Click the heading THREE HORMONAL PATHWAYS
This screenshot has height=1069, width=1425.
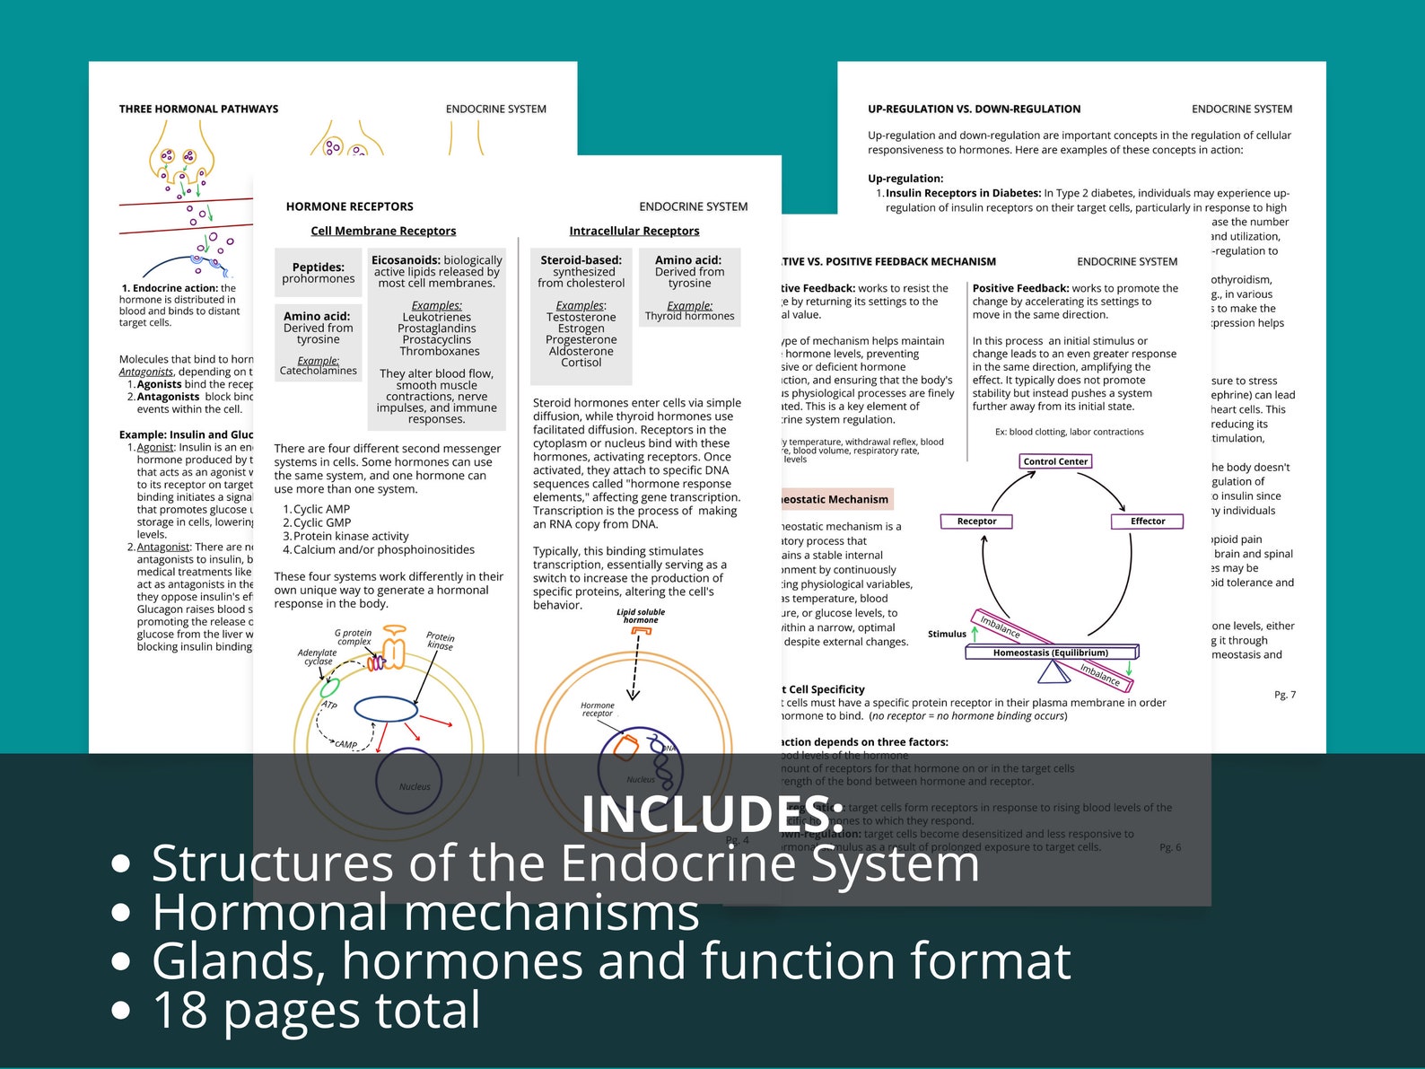[x=198, y=109]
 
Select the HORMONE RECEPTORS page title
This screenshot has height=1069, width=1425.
[x=349, y=206]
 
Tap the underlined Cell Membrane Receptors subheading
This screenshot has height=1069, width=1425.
[x=383, y=231]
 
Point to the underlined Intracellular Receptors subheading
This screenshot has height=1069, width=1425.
[x=634, y=231]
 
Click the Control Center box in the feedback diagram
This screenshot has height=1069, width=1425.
[x=1055, y=461]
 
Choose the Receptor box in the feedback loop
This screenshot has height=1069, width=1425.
[x=976, y=521]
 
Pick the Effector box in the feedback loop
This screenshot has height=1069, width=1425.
[x=1147, y=521]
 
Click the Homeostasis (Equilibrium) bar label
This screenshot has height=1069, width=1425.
[x=1050, y=653]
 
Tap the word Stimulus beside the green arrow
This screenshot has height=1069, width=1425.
[x=947, y=634]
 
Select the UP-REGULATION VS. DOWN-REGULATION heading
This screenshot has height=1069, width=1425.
[x=974, y=109]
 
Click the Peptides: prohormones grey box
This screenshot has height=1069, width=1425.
[x=319, y=273]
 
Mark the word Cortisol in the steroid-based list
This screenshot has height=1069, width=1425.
[x=581, y=363]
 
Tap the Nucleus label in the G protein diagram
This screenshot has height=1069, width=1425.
[x=415, y=787]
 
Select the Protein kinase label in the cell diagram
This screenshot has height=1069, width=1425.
[x=440, y=640]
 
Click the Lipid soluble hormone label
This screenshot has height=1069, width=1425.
[x=641, y=616]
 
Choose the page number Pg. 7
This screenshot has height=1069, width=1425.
[x=1285, y=695]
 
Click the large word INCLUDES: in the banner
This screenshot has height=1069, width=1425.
[x=711, y=813]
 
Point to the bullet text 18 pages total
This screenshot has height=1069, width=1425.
[x=316, y=1010]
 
